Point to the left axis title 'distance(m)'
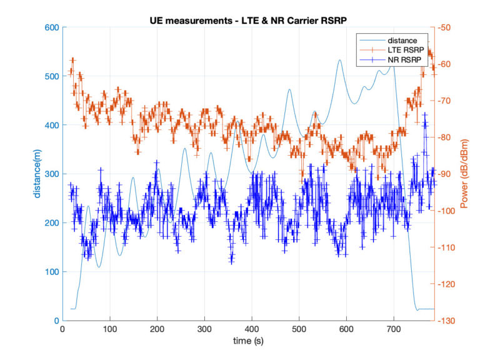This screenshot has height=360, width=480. [x=37, y=174]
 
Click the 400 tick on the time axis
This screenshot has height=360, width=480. [x=251, y=328]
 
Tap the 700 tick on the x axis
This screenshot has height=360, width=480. [x=394, y=328]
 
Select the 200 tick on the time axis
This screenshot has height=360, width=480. [x=157, y=328]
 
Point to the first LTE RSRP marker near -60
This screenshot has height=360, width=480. [x=72, y=61]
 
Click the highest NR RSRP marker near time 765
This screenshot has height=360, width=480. [x=425, y=114]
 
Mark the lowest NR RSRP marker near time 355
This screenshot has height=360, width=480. [x=231, y=261]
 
